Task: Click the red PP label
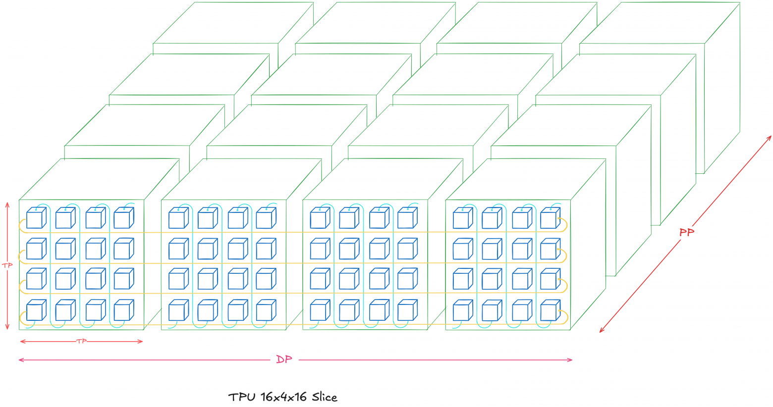point(686,232)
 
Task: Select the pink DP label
point(284,359)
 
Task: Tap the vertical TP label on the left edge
point(7,265)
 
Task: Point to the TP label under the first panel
point(81,341)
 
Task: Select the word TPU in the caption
point(241,397)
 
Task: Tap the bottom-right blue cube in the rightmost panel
point(550,311)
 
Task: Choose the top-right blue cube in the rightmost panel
point(550,218)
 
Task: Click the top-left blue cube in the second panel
point(178,218)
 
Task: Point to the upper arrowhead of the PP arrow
point(770,137)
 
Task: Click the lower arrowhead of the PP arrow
point(602,330)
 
